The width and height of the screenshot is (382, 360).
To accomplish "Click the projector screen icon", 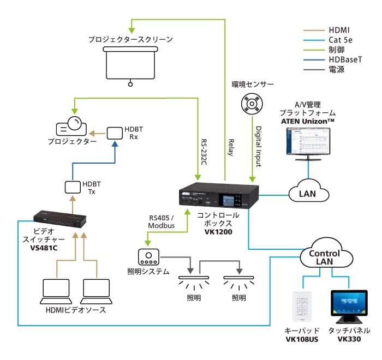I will click(130, 63).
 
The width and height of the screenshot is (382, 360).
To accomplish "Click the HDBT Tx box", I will click(73, 187).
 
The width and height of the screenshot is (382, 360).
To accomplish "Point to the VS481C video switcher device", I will click(60, 218).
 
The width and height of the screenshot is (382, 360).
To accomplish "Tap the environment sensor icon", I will click(253, 104).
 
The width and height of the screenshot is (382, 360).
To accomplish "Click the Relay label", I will click(231, 147).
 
